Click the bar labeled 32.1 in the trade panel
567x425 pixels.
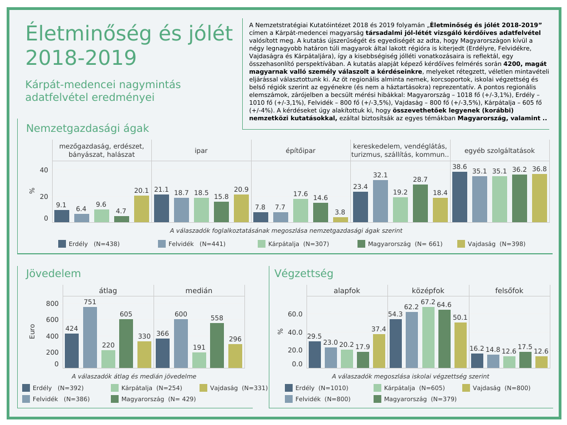point(380,201)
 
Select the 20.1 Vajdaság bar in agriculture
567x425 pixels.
point(141,209)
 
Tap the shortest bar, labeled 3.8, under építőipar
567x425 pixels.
point(340,220)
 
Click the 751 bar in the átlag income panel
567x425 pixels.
point(90,337)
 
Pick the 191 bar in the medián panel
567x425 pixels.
point(199,360)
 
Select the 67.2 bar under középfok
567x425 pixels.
point(428,337)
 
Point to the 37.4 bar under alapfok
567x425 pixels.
point(379,351)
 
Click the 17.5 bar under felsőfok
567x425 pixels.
point(525,360)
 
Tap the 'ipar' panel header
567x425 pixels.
point(201,150)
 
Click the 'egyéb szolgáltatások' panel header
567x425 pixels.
point(499,150)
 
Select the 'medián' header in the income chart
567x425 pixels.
point(199,290)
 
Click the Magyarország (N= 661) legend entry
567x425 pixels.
point(400,244)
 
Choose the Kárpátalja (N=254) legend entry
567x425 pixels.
point(147,388)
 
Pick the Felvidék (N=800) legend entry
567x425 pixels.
point(318,399)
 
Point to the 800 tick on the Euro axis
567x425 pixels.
point(52,304)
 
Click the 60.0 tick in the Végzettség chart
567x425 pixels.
point(295,314)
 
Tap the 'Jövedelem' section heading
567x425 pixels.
point(53,274)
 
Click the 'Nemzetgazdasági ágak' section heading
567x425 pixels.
point(88,129)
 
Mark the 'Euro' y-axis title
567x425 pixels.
point(32,331)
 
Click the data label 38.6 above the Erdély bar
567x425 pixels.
point(459,167)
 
